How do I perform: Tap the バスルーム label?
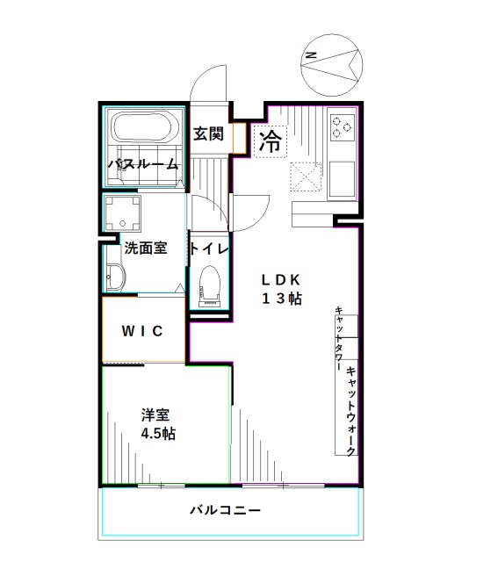pos(143,164)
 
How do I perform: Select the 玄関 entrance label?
pos(208,133)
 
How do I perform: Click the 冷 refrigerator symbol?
pos(271,141)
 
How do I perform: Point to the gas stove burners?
pos(341,129)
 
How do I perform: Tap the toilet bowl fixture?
pos(209,283)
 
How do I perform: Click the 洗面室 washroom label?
pos(144,248)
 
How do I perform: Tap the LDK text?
pos(280,280)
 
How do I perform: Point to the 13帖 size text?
pos(280,299)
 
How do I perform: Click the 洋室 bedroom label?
pos(155,414)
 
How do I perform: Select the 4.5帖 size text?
pos(158,433)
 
